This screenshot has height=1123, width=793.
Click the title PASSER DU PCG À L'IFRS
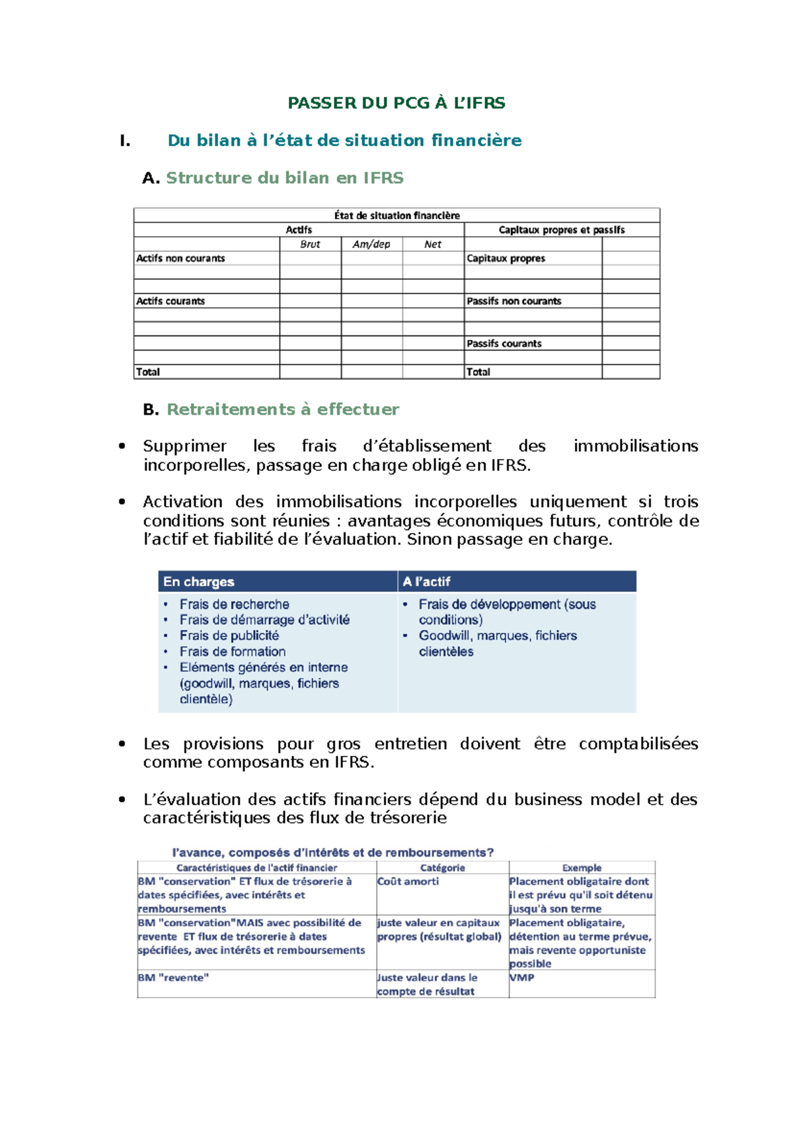[x=397, y=103]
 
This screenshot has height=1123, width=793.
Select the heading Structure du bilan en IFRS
[x=284, y=178]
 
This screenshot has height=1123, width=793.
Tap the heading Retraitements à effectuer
[x=282, y=409]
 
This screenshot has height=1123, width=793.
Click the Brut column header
[x=310, y=244]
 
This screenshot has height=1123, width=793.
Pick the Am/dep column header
[x=371, y=244]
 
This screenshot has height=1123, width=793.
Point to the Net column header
[x=433, y=244]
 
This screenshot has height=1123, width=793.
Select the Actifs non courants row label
[x=180, y=259]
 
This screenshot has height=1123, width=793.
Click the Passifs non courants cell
[x=513, y=301]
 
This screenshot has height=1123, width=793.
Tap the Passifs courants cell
[x=504, y=344]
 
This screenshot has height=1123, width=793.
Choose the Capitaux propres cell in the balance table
[x=506, y=259]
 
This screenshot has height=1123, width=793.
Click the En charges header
[x=199, y=582]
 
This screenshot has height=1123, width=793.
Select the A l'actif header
[x=427, y=582]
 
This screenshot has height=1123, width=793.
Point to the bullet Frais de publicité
[x=229, y=636]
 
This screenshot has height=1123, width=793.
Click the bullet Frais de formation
[x=233, y=651]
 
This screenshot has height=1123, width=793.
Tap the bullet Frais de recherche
[x=235, y=604]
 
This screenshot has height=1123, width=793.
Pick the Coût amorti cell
[x=408, y=882]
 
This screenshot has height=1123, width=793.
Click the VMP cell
[x=521, y=977]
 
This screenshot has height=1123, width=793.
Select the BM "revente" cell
[x=173, y=977]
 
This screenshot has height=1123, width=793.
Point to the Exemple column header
[x=582, y=868]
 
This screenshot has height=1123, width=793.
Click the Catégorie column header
[x=442, y=868]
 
